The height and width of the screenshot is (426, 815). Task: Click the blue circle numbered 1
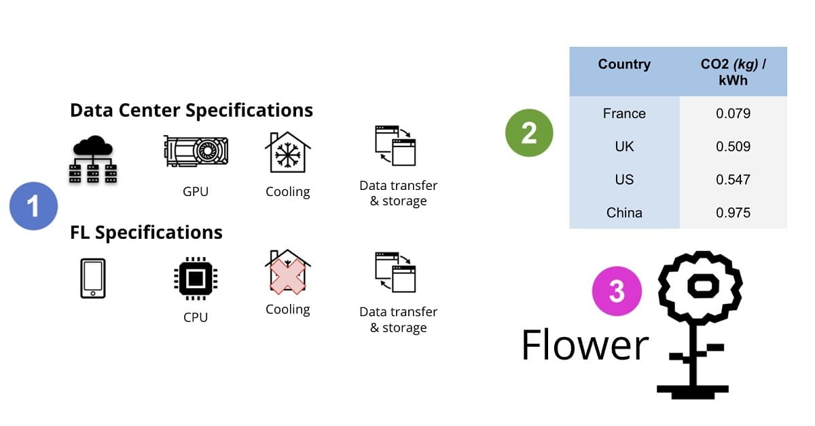pyautogui.click(x=33, y=206)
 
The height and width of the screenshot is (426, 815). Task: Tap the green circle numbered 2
pyautogui.click(x=529, y=134)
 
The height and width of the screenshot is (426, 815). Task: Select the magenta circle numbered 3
pyautogui.click(x=617, y=290)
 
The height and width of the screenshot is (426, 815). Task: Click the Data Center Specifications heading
pyautogui.click(x=192, y=110)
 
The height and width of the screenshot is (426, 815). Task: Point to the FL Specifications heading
pyautogui.click(x=146, y=233)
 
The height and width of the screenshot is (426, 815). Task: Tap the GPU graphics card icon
pyautogui.click(x=196, y=152)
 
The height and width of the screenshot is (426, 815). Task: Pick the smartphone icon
pyautogui.click(x=93, y=278)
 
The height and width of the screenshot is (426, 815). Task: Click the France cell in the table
pyautogui.click(x=624, y=113)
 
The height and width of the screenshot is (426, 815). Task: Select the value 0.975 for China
pyautogui.click(x=733, y=213)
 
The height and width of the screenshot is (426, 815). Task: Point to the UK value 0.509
pyautogui.click(x=733, y=147)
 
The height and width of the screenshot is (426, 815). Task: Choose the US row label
pyautogui.click(x=624, y=180)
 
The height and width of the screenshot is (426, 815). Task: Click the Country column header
pyautogui.click(x=624, y=64)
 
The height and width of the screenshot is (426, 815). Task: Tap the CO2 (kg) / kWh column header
pyautogui.click(x=733, y=71)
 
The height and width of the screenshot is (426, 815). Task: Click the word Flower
pyautogui.click(x=585, y=345)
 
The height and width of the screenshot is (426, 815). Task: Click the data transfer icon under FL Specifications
pyautogui.click(x=395, y=272)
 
